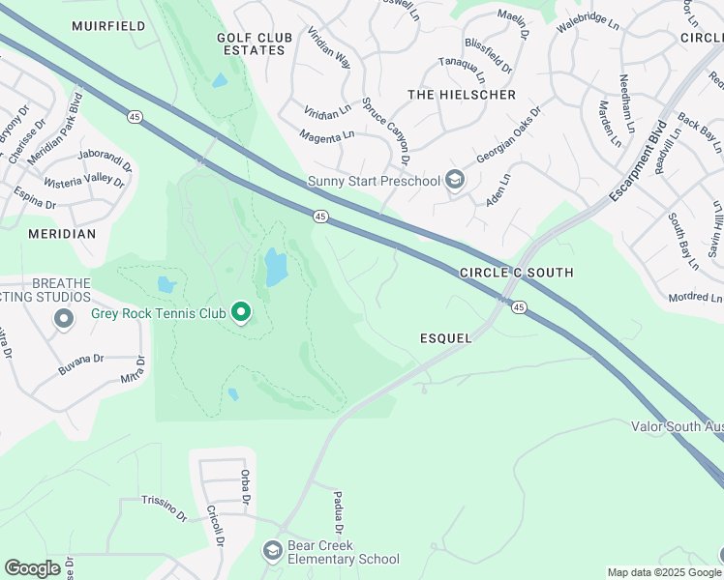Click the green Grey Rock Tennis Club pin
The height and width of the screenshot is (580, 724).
pyautogui.click(x=241, y=312)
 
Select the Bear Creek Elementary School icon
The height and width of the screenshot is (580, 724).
pyautogui.click(x=272, y=551)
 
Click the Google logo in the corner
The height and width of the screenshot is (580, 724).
pyautogui.click(x=32, y=568)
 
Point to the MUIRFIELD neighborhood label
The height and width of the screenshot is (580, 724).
pyautogui.click(x=108, y=26)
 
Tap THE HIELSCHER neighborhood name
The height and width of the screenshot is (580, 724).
pyautogui.click(x=462, y=95)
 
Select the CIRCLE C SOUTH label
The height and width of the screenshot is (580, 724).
pyautogui.click(x=516, y=273)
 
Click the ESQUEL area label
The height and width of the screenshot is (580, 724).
pyautogui.click(x=445, y=338)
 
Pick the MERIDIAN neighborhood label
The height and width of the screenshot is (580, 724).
pyautogui.click(x=62, y=234)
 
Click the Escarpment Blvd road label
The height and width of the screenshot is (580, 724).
pyautogui.click(x=639, y=161)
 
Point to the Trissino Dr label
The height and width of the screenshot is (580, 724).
pyautogui.click(x=164, y=508)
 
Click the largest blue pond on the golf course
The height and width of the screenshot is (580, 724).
pyautogui.click(x=276, y=268)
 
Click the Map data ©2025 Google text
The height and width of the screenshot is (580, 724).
pyautogui.click(x=664, y=572)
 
